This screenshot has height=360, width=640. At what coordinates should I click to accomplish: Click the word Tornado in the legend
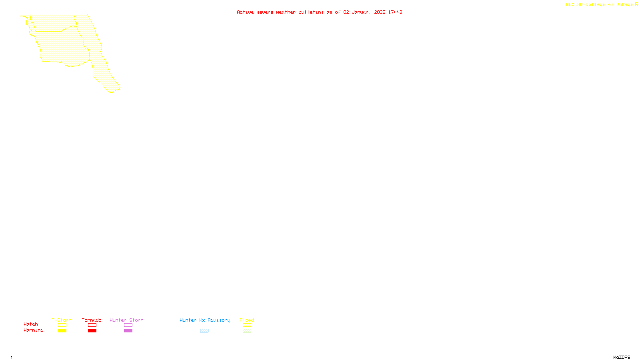tap(92, 320)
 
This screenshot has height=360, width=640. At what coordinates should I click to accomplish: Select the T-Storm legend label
tap(62, 320)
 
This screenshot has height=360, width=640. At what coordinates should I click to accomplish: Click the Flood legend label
tap(247, 320)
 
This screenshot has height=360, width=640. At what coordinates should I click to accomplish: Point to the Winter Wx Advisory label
tap(205, 320)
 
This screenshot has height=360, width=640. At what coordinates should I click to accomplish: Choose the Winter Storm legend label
tap(126, 320)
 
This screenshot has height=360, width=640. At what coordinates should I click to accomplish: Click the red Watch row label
tap(31, 324)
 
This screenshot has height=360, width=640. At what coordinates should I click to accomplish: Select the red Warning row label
tap(33, 330)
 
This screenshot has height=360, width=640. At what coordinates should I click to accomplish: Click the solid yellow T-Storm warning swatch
tap(62, 331)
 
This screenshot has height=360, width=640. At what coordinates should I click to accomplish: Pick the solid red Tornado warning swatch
tap(92, 331)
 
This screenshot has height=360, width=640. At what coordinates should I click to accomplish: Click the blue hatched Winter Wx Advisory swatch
tap(204, 331)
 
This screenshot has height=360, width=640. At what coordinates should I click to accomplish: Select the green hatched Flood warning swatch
tap(247, 331)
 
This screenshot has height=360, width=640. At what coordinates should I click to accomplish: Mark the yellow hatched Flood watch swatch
tap(247, 325)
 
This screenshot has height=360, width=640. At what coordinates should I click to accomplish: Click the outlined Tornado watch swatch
tap(92, 325)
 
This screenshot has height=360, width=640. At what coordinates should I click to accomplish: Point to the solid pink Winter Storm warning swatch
tap(128, 331)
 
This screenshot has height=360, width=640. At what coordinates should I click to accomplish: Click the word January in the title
tap(362, 12)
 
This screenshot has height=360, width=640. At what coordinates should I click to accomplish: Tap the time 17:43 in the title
tap(395, 12)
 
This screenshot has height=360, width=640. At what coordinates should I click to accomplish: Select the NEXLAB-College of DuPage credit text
tap(599, 4)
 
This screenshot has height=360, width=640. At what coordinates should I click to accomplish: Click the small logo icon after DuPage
tap(636, 4)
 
